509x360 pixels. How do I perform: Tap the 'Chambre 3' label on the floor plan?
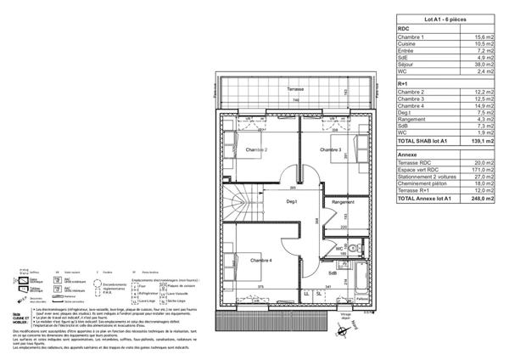pos(330,150)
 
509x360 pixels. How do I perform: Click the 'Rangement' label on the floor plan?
pos(343,202)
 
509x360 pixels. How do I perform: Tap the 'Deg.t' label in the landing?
pos(290,200)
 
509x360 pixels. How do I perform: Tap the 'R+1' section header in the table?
pos(405,83)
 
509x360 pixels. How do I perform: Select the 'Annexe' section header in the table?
pos(409,155)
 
